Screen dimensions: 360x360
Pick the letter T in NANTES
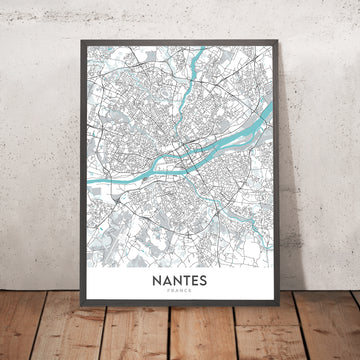click(186, 281)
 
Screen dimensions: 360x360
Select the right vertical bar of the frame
click(283, 180)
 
